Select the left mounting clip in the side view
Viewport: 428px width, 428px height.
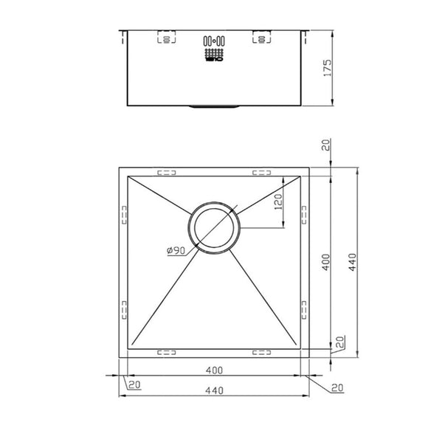tap(166, 38)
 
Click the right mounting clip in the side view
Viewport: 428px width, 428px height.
tap(261, 38)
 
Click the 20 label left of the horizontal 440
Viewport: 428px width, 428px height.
tap(134, 384)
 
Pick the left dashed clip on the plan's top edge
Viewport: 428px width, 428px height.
tap(168, 173)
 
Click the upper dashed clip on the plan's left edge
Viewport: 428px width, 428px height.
tap(123, 214)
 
